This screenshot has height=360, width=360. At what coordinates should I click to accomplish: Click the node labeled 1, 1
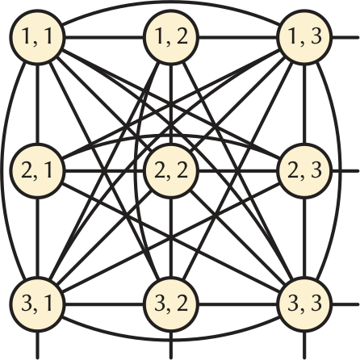(37, 37)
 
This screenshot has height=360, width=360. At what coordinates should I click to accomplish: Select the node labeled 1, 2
(171, 37)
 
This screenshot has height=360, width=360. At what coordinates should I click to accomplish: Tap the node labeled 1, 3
(304, 37)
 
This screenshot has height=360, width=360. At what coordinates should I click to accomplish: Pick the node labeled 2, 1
(37, 170)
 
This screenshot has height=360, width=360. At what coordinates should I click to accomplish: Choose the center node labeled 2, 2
(171, 170)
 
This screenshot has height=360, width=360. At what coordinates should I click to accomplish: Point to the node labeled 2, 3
(304, 170)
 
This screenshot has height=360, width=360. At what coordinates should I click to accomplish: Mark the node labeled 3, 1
(37, 304)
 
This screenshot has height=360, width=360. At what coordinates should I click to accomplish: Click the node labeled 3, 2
(171, 304)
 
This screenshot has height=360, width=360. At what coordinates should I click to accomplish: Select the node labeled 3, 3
(304, 304)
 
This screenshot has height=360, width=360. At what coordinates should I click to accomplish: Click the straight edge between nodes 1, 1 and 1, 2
(104, 37)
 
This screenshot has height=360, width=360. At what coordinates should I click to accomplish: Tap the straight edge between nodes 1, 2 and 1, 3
(237, 37)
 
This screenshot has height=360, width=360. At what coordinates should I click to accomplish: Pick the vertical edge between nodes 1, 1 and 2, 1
(37, 103)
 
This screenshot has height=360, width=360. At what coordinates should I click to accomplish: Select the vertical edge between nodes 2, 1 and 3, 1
(37, 237)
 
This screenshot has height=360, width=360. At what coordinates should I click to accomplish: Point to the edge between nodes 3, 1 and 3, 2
(104, 304)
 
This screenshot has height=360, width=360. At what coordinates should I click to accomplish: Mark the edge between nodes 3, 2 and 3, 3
(237, 304)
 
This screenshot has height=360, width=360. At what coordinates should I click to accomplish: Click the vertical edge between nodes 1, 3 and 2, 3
(304, 103)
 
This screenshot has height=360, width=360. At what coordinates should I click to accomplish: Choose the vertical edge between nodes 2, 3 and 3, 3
(304, 237)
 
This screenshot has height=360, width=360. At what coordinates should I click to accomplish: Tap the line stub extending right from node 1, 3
(345, 37)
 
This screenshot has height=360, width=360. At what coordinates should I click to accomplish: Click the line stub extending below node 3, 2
(171, 345)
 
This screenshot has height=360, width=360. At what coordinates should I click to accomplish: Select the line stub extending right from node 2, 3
(345, 170)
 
